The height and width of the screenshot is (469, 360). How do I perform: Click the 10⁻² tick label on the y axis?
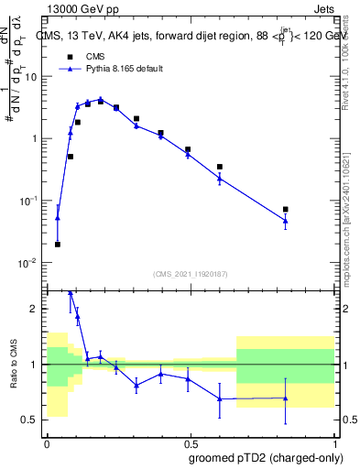point(29,263)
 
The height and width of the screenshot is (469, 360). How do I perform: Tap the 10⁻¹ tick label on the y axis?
point(29,201)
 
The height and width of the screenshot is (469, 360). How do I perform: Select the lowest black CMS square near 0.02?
point(58,245)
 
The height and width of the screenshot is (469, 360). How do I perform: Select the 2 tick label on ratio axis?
point(35,310)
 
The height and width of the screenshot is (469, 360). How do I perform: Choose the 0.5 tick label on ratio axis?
point(30,420)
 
